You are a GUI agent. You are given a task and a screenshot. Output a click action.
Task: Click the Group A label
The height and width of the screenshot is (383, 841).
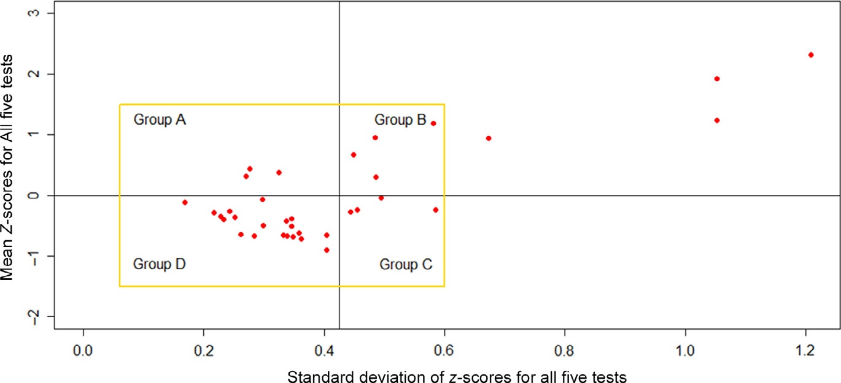tap(160, 119)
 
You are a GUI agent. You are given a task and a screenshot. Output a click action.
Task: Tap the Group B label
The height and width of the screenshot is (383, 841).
tap(400, 120)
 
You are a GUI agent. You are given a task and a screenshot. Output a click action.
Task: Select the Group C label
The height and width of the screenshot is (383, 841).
tap(406, 265)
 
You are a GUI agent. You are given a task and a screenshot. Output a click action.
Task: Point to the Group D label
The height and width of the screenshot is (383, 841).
tap(160, 265)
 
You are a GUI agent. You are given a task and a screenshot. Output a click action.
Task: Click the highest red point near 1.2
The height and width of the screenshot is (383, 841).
tap(811, 55)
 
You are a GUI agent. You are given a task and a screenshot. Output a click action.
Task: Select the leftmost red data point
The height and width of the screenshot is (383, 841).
tap(185, 202)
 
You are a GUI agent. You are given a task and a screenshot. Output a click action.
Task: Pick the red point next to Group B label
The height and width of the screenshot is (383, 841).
tap(433, 123)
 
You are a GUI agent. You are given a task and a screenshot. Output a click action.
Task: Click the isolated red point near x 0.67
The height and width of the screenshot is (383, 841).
tap(489, 138)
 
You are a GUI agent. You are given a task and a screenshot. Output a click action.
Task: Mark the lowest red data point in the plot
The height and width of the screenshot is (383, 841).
tap(327, 250)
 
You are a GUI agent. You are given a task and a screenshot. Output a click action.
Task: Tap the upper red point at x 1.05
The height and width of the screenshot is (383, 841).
tap(717, 78)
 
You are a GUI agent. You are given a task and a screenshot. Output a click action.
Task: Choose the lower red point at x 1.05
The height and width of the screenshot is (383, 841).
tap(717, 120)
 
